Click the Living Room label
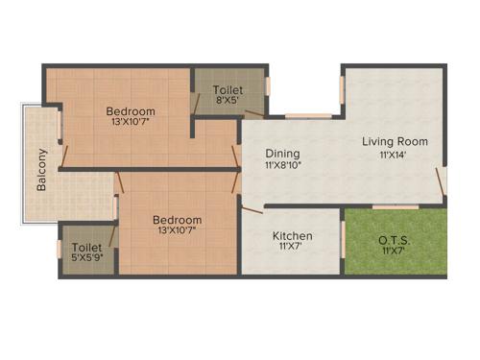point(395,142)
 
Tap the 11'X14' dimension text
point(395,155)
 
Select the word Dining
point(283,154)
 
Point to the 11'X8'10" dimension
point(283,166)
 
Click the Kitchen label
point(292,236)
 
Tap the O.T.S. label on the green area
point(396,238)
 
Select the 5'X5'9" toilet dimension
point(86,258)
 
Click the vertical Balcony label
point(42,170)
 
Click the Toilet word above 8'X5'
point(228,90)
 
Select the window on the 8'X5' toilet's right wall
point(268,84)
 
